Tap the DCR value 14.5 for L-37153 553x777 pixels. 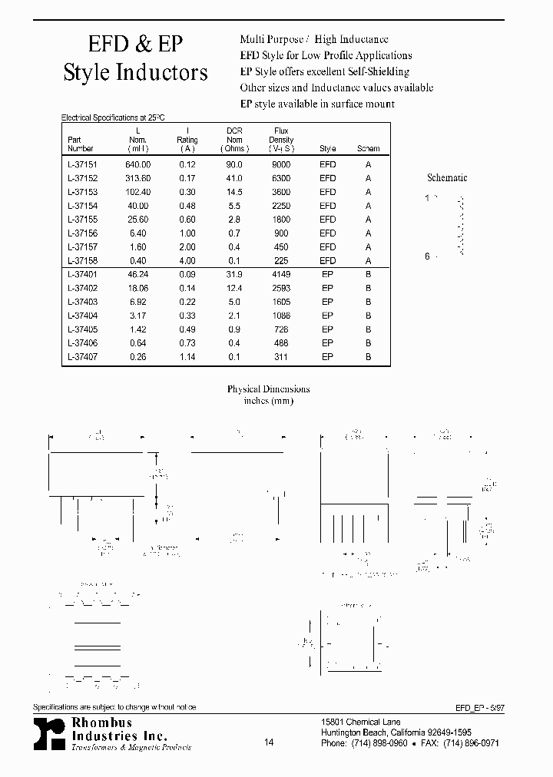234,192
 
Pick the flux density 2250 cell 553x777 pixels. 281,206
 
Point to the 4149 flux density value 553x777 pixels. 281,274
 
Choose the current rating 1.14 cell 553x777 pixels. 187,357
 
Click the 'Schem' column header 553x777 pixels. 368,149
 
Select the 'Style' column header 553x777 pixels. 327,149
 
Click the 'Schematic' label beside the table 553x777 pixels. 447,178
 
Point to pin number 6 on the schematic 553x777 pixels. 428,256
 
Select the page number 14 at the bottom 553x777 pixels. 268,742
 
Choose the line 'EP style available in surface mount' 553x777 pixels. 317,104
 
